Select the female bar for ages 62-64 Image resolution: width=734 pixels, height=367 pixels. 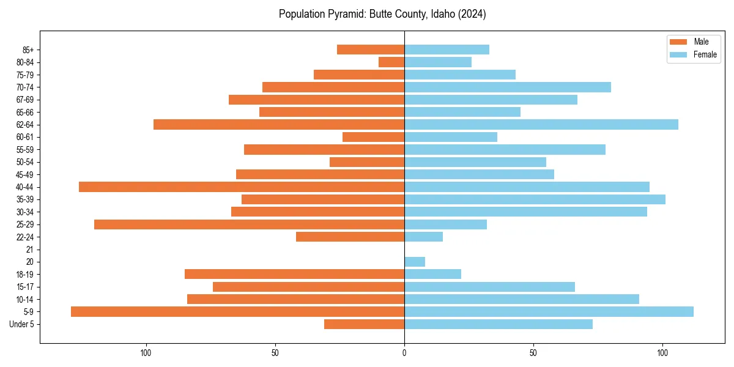point(541,124)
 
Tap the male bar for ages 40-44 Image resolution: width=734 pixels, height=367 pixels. point(242,187)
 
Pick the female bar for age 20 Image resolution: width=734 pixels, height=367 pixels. point(415,262)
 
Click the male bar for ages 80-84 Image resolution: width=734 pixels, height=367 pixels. point(391,62)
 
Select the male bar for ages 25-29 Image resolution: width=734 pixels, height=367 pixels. point(249,224)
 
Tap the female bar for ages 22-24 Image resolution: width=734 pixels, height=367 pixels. point(423,237)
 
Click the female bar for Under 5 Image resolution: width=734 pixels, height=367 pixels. point(499,324)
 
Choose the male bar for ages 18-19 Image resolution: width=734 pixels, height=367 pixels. point(294,274)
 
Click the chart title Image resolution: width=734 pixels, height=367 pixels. point(382,14)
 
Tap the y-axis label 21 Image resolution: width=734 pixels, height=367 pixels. point(29,250)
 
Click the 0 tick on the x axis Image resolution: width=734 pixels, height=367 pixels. point(404,353)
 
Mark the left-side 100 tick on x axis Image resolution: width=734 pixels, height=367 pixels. point(146,353)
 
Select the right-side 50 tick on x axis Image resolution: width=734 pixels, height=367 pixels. point(533,353)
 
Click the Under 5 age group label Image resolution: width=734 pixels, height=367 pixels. point(21,324)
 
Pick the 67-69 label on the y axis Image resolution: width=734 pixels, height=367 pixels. point(24,100)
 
